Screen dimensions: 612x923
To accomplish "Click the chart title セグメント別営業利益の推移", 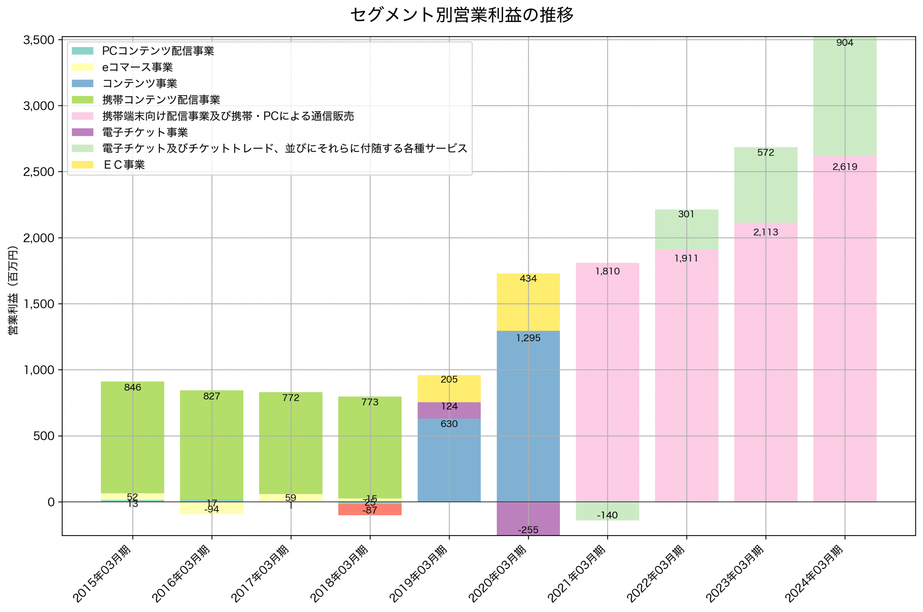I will coord(461,15).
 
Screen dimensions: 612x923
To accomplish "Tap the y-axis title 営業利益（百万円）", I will coord(13,290).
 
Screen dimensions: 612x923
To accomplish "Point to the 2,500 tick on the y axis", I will coord(39,172).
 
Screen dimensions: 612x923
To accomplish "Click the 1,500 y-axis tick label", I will coord(39,304).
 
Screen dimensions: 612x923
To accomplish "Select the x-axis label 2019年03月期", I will coord(418,574).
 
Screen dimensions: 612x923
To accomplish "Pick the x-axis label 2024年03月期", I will coord(814,574).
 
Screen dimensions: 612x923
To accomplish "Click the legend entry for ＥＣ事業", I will coord(124,165).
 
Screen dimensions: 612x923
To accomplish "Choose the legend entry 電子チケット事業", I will coord(145,132).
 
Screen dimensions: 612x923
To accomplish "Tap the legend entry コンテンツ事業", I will coord(139,84).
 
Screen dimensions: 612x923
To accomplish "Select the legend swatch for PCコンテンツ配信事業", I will coord(82,51).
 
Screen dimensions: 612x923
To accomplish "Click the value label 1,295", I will coord(528,338).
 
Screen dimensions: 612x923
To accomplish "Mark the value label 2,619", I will coord(845,167).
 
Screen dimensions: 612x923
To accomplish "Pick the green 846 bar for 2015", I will coord(132,437).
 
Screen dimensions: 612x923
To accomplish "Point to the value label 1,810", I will coord(607,271).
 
